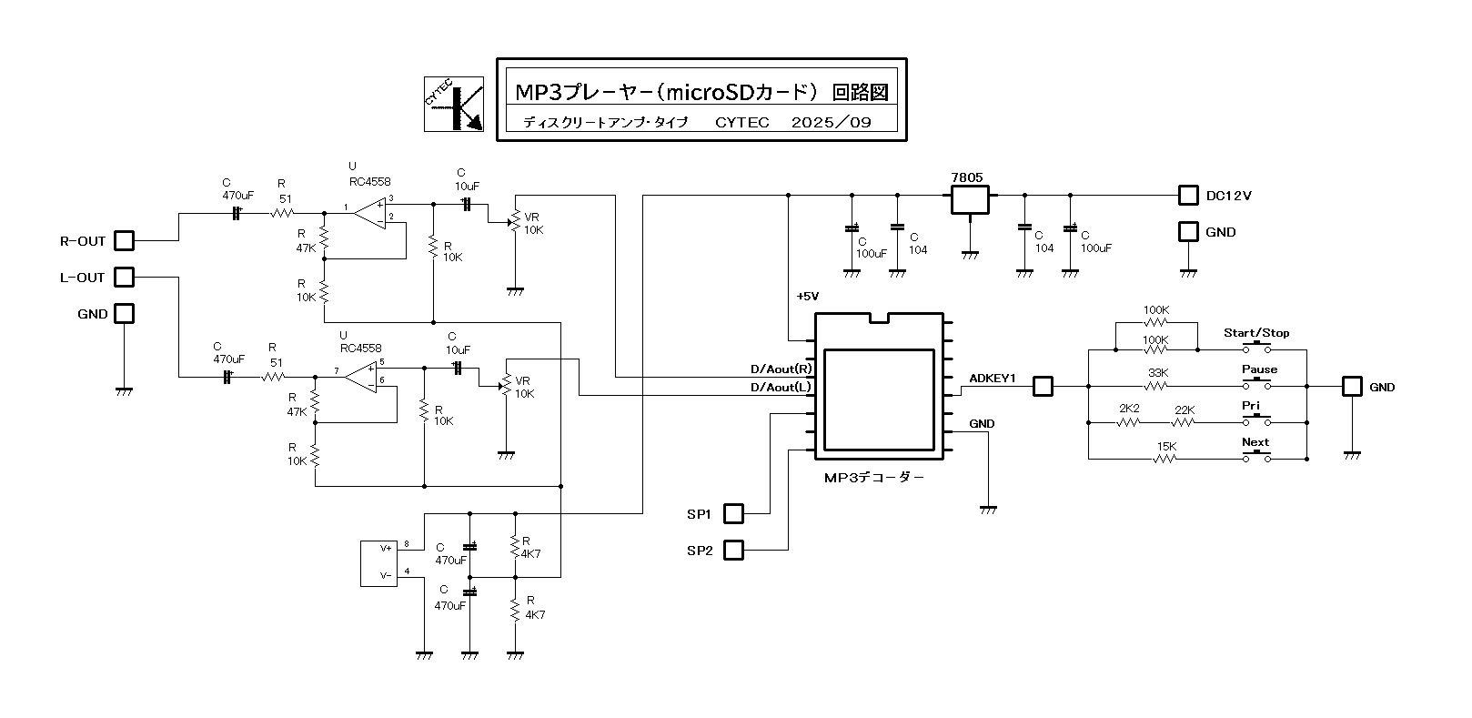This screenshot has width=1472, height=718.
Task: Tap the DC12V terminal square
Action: (x=1188, y=196)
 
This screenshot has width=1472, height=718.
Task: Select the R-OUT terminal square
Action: (x=124, y=241)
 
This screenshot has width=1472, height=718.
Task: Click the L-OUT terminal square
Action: (x=124, y=277)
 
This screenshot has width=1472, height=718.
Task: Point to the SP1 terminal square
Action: (x=733, y=514)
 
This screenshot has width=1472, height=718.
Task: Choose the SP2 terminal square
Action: (x=733, y=550)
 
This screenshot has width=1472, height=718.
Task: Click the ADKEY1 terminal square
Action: (x=1043, y=387)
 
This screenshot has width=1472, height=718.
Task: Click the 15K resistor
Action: (x=1166, y=459)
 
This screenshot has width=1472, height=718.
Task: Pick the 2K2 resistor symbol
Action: (x=1129, y=422)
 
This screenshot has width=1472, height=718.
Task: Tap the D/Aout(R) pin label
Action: (x=781, y=369)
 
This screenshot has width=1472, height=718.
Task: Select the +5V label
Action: (x=807, y=297)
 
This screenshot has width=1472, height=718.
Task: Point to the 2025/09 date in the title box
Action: (x=832, y=123)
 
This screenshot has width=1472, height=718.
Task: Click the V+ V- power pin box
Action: (x=380, y=562)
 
